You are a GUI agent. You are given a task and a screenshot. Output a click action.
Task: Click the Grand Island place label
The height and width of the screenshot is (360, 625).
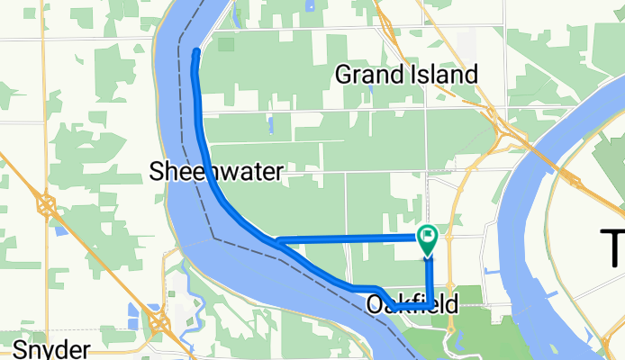click(405, 75)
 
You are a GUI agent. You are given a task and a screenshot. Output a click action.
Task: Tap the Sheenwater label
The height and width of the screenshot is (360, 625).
click(217, 171)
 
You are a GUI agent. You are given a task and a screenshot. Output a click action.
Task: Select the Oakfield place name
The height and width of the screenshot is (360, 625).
click(412, 306)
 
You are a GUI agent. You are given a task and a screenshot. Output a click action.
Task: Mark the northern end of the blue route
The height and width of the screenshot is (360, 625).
click(196, 51)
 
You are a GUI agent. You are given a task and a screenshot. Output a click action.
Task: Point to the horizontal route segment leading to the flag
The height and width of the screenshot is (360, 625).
click(351, 238)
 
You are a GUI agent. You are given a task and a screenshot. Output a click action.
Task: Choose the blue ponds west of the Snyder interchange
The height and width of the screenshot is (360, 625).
click(136, 315)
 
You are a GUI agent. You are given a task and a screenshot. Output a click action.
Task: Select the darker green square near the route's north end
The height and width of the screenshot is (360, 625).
click(225, 43)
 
